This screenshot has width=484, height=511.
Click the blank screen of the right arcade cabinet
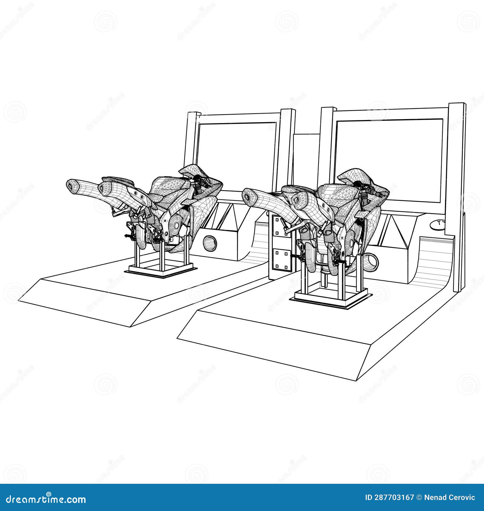(x=389, y=160)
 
